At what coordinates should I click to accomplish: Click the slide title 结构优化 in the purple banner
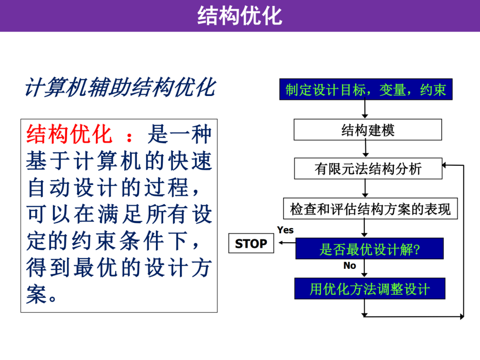coord(240,16)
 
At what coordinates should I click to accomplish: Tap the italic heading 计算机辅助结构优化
coord(120,88)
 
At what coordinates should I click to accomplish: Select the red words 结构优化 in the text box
coord(69,134)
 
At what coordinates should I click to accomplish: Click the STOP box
coord(251,244)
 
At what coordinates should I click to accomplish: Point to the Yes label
coord(285,230)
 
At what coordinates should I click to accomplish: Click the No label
coord(350,265)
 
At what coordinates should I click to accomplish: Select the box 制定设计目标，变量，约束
coord(366,89)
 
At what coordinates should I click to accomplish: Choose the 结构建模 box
coord(368,130)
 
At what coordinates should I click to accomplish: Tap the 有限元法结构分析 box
coord(368,168)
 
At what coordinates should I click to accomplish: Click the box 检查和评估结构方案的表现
coord(370,208)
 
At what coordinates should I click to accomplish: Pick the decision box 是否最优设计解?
coord(369,248)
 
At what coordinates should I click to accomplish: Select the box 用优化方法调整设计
coord(370,288)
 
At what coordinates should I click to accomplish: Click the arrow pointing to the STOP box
coord(287,243)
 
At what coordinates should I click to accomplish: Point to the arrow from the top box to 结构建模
coord(364,109)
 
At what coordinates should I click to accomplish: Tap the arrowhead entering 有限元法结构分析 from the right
coord(445,165)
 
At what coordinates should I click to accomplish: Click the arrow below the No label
coord(364,268)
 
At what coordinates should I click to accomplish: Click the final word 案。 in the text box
coord(41,295)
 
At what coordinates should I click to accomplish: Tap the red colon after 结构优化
coord(129,137)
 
